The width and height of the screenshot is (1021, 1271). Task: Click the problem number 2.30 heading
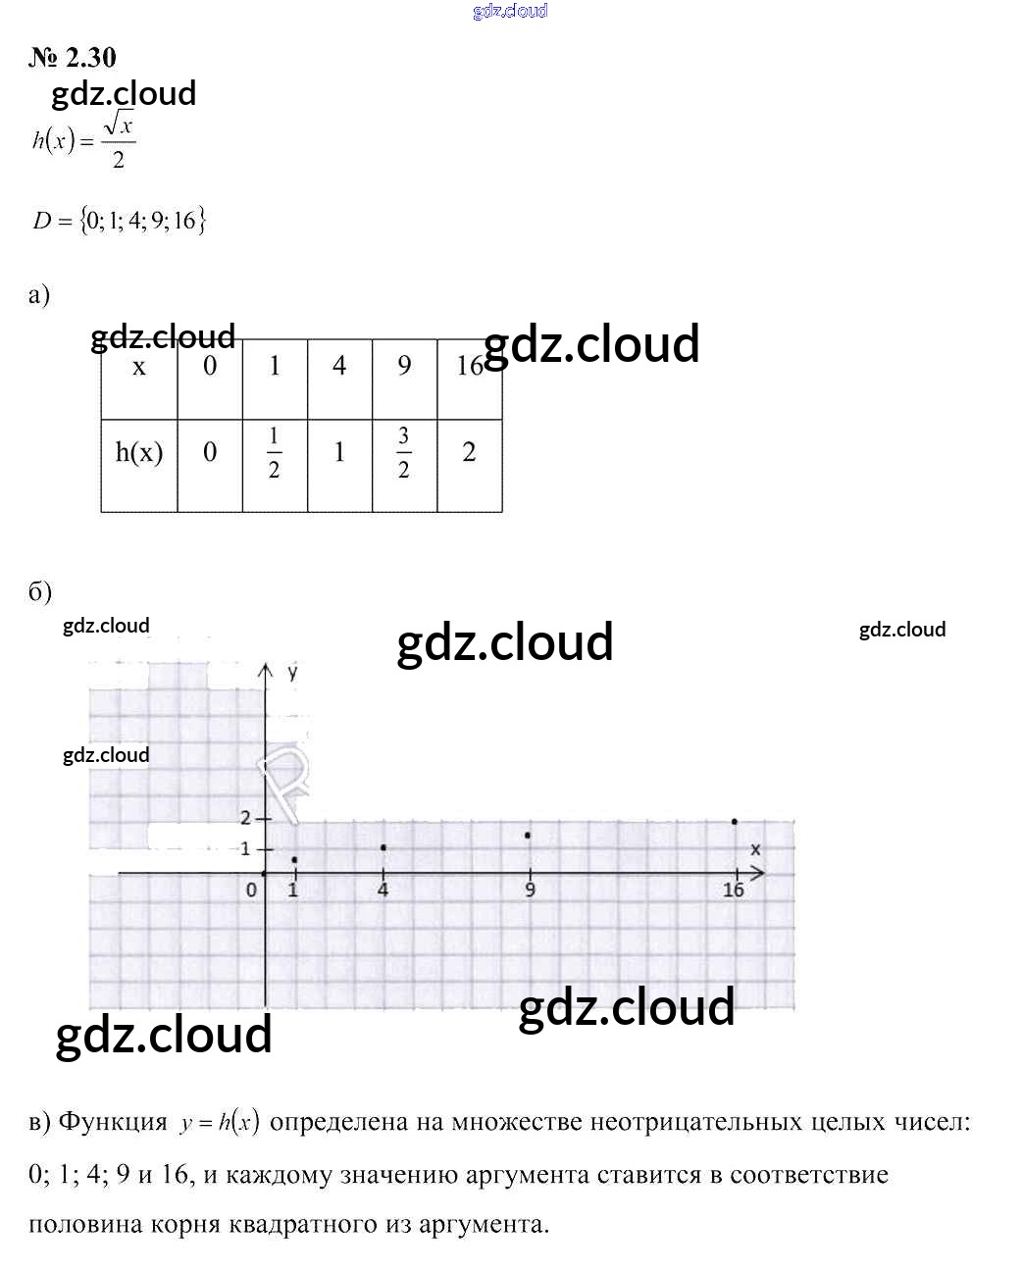tap(73, 58)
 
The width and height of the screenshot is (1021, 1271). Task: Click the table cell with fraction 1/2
tap(274, 453)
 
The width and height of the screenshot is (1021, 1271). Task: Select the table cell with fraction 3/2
tap(403, 453)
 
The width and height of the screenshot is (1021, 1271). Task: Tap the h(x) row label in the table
tap(139, 452)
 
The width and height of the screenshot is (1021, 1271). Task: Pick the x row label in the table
tap(139, 367)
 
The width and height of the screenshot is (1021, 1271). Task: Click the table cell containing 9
tap(404, 366)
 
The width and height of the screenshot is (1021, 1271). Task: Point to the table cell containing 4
tap(339, 366)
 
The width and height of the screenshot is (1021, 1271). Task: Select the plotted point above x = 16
tap(734, 822)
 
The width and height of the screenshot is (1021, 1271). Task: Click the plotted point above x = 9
tap(529, 836)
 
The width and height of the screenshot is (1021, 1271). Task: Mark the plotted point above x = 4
tap(383, 847)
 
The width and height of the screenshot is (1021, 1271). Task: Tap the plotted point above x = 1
tap(294, 860)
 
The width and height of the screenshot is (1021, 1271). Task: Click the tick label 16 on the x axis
tap(733, 890)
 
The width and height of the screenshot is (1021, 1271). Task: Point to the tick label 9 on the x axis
tap(530, 890)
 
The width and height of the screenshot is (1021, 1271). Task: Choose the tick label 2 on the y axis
tap(245, 818)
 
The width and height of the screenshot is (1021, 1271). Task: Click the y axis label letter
tap(292, 672)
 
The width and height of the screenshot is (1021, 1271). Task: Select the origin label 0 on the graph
tap(251, 890)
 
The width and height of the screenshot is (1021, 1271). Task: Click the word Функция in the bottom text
tap(113, 1122)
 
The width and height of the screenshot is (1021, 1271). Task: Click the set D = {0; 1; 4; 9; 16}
tap(119, 221)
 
